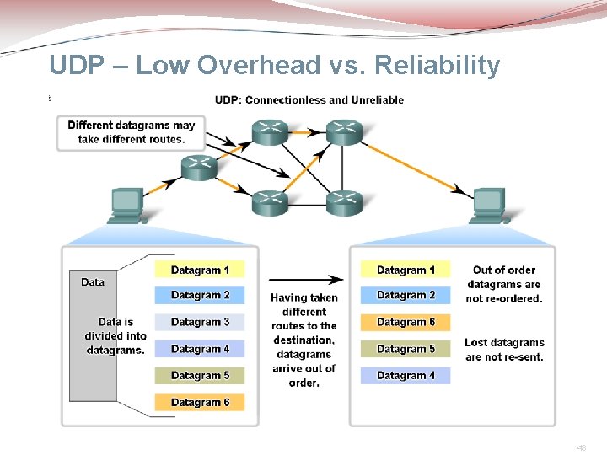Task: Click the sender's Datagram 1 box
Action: (200, 270)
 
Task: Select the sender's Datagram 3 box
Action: (200, 322)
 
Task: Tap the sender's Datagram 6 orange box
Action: (200, 402)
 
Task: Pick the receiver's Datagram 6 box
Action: (406, 322)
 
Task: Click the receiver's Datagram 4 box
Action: (406, 375)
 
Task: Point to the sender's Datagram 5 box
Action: (200, 375)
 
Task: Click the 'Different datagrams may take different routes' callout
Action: (131, 132)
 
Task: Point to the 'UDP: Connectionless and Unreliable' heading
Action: (309, 99)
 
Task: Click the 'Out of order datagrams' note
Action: (504, 284)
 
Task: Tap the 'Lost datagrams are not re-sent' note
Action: (504, 350)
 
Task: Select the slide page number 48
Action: (582, 448)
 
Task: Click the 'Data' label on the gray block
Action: (93, 282)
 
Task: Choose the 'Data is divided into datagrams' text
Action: (115, 335)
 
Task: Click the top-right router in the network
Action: (344, 131)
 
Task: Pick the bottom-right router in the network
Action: (344, 201)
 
